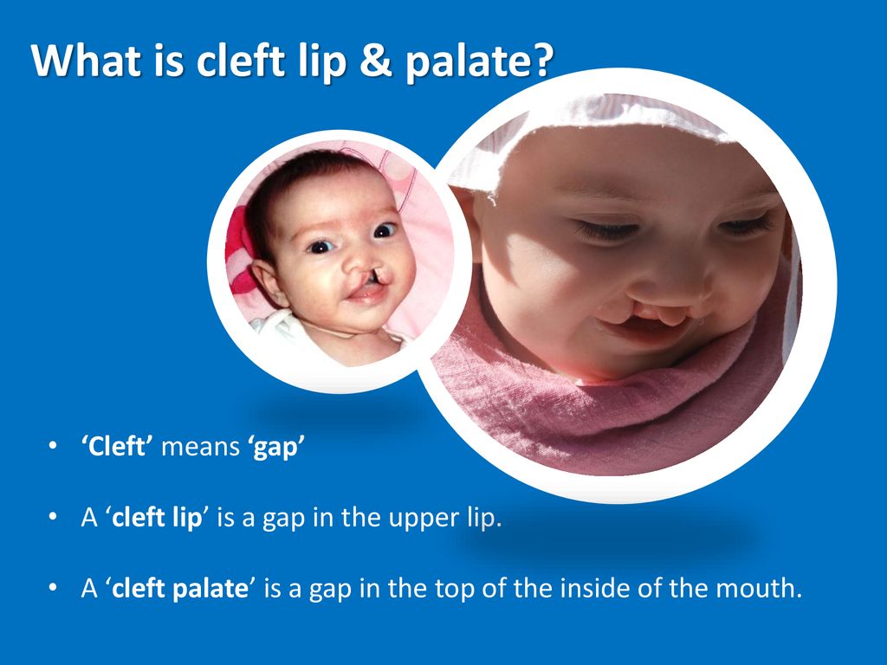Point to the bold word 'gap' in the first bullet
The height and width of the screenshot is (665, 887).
pyautogui.click(x=274, y=449)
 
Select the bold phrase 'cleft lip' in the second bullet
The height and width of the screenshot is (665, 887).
pyautogui.click(x=157, y=518)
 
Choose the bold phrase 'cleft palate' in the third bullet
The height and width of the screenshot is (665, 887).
pyautogui.click(x=180, y=589)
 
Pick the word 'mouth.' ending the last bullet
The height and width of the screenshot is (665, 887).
pyautogui.click(x=759, y=588)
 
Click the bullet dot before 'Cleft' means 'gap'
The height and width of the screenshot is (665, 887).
pyautogui.click(x=53, y=446)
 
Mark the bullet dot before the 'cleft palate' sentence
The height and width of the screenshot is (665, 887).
pyautogui.click(x=53, y=588)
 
